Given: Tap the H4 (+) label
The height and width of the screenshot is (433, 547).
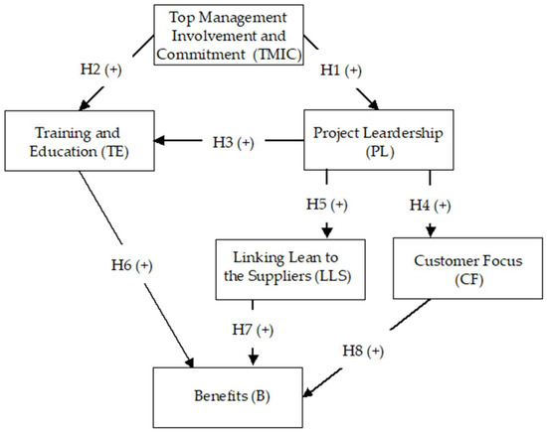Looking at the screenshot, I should (430, 205).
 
